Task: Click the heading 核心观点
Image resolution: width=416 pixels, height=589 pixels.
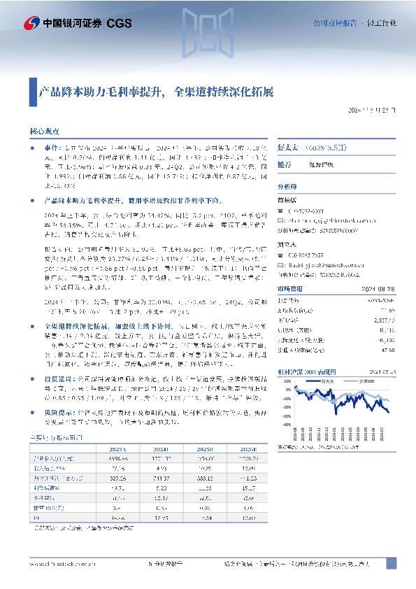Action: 44,131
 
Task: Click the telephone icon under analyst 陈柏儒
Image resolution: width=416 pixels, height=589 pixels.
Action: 281,211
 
